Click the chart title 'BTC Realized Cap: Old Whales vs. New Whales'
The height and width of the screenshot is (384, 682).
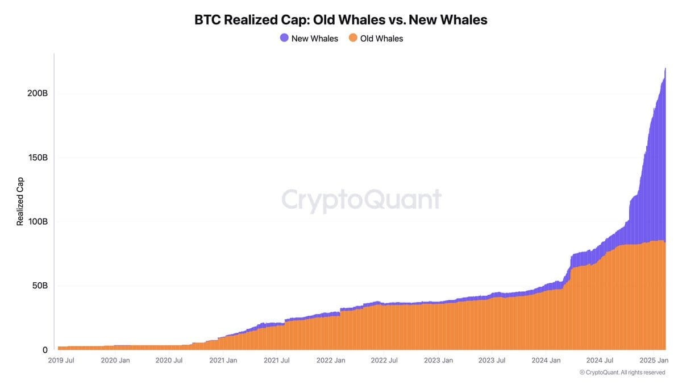(x=341, y=20)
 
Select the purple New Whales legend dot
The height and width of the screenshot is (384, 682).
(x=284, y=38)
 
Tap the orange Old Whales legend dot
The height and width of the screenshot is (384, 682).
(x=353, y=38)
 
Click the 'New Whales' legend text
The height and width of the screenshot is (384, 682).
(x=314, y=39)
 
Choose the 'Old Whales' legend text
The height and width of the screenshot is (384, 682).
(x=381, y=39)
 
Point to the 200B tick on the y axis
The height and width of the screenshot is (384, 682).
(x=37, y=93)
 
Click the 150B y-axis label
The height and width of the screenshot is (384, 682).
(x=37, y=157)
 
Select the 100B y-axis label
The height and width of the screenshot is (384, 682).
(x=37, y=221)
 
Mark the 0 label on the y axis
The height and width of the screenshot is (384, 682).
(x=44, y=350)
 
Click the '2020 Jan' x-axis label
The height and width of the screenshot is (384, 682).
(x=115, y=360)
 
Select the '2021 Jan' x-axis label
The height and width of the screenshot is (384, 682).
(x=223, y=360)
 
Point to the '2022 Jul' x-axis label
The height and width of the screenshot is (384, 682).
(x=385, y=360)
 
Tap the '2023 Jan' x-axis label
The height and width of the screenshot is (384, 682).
(x=439, y=360)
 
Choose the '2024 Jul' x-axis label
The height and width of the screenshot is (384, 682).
(x=600, y=360)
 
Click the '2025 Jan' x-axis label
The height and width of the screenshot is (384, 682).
(x=654, y=360)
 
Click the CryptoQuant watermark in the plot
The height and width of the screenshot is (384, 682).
(x=361, y=200)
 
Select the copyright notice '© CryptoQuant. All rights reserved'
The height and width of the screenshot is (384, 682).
(x=622, y=372)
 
